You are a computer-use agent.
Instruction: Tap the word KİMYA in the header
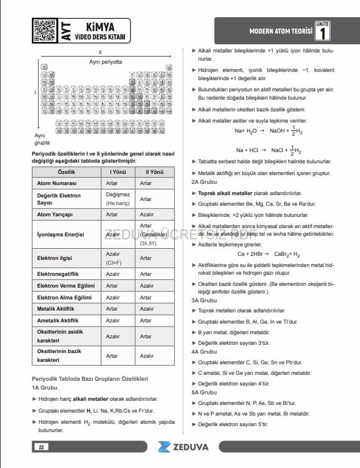(x=100, y=25)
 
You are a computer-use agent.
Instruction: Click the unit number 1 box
(x=322, y=31)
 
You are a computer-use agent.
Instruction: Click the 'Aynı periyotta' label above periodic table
(x=105, y=61)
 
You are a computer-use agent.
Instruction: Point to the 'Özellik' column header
(x=67, y=172)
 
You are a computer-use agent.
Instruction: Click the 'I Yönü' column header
(x=113, y=172)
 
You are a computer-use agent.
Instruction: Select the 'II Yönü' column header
(x=146, y=172)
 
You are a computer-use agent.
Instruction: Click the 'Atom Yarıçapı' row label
(x=55, y=215)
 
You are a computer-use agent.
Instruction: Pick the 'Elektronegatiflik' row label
(x=60, y=274)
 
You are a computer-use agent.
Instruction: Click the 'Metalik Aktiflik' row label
(x=55, y=309)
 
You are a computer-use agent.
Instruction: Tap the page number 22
(x=41, y=447)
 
